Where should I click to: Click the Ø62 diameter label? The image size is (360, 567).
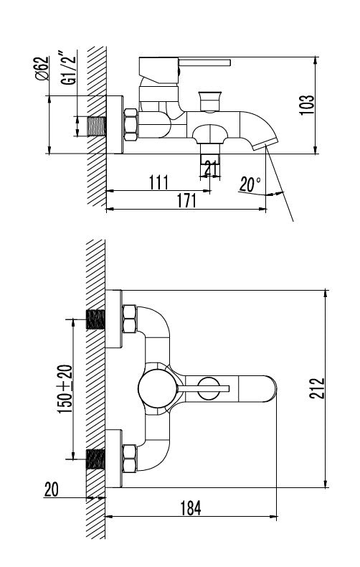click(42, 68)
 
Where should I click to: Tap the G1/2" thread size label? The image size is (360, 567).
click(69, 69)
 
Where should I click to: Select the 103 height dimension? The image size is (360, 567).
click(306, 105)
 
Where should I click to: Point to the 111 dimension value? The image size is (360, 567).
click(158, 182)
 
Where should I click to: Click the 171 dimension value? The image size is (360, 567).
click(186, 201)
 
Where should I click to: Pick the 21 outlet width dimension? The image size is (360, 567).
click(210, 169)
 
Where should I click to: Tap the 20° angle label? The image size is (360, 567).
click(250, 184)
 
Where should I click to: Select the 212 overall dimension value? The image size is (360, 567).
click(317, 388)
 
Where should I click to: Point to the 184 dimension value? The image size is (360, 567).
click(191, 508)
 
